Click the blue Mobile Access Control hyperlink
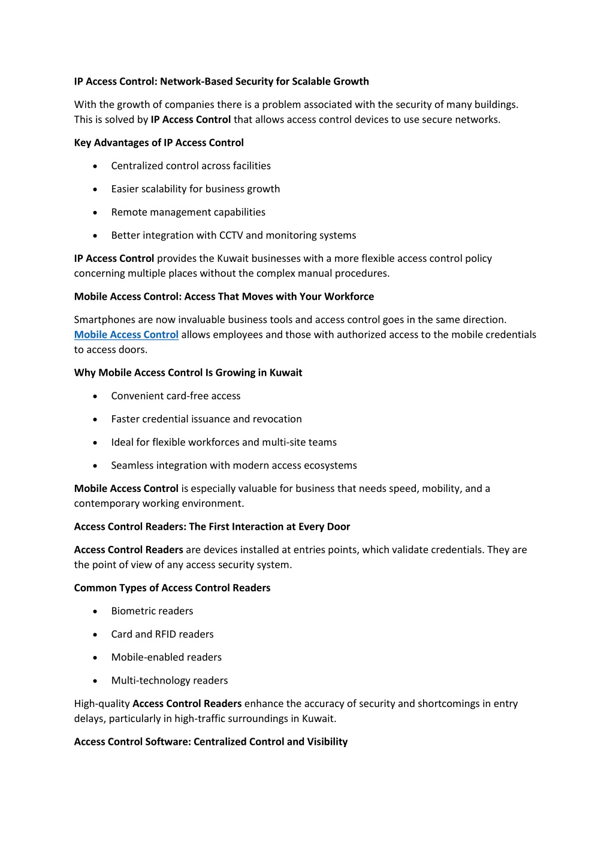pos(126,334)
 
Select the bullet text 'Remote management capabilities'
pos(188,212)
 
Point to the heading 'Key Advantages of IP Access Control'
pos(159,143)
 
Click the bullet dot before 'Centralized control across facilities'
pos(95,166)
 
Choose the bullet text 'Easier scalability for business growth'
pos(195,189)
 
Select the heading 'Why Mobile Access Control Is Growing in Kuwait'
pos(188,373)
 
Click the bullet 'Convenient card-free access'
pos(176,396)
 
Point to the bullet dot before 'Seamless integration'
pos(95,466)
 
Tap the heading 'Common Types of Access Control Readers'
pos(172,588)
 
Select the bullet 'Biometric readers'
pos(152,611)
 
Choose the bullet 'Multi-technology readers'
pos(170,681)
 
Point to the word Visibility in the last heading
pos(327,742)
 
